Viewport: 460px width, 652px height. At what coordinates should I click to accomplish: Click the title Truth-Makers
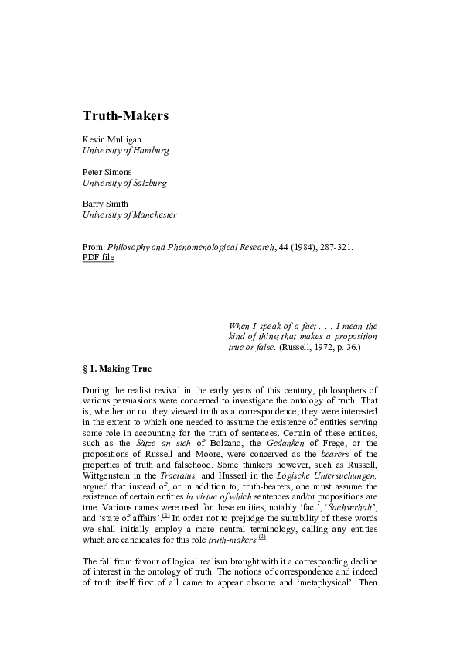pos(125,115)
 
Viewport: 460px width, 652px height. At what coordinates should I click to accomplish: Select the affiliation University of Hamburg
pos(126,150)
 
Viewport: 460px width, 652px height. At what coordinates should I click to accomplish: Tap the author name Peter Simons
pos(108,172)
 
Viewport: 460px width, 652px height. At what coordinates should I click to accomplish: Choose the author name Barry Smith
pos(106,204)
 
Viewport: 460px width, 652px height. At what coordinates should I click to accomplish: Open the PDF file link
pos(98,257)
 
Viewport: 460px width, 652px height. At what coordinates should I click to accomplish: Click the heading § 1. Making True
pos(118,369)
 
